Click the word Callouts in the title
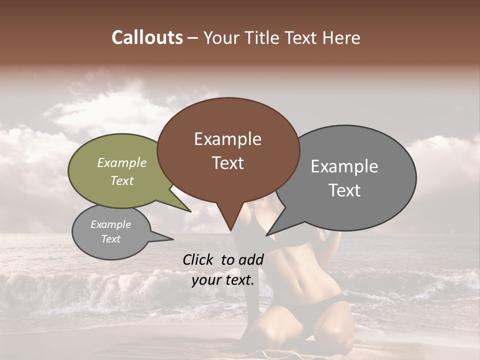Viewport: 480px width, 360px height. coord(147,37)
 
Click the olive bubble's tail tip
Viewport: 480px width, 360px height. coord(190,211)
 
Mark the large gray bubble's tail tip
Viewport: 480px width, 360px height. coord(267,235)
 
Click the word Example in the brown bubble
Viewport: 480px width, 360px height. coord(227,139)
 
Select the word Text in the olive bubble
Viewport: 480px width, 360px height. coord(122,180)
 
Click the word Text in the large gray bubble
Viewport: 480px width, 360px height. coord(344,190)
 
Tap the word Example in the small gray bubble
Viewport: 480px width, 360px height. coord(110,224)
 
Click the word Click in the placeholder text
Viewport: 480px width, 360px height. coord(199,259)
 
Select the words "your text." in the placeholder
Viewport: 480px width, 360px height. coord(223,280)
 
